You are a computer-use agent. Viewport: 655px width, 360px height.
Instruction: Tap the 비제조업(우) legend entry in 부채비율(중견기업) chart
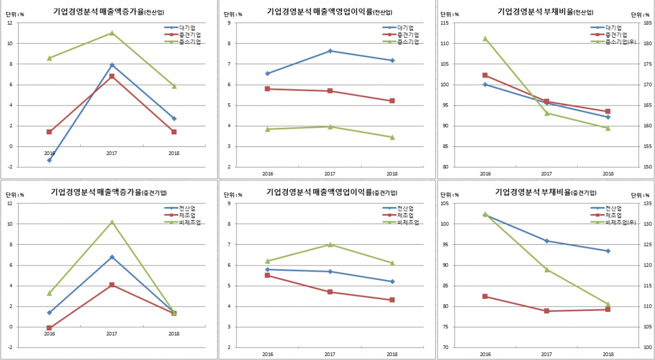622,222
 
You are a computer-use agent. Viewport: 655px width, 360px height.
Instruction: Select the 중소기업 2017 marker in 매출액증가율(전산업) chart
111,33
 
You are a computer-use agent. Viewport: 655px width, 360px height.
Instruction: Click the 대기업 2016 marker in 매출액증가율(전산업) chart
49,160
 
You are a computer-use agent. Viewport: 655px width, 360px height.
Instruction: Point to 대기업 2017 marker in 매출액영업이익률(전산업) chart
329,51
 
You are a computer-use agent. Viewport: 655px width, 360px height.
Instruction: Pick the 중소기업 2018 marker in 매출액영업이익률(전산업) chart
392,137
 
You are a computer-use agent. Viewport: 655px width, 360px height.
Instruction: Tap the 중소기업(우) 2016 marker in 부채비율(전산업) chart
485,39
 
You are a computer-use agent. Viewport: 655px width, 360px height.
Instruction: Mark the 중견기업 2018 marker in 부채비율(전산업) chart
608,111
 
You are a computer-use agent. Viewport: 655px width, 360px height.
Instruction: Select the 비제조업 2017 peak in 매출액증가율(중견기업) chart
111,222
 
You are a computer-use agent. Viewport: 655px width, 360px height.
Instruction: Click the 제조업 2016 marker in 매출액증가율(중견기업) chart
49,328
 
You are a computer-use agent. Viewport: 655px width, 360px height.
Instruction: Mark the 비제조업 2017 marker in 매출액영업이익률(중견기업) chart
329,244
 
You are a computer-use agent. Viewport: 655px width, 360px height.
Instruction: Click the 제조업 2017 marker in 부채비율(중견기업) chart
546,311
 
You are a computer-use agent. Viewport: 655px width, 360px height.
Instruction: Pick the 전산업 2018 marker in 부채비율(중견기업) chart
608,251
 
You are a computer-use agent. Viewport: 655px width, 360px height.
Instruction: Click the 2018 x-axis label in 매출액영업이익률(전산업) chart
392,174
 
